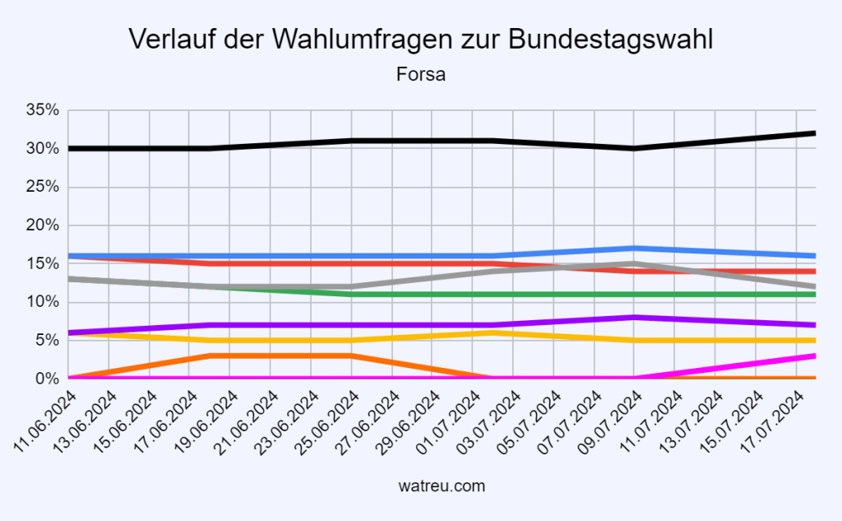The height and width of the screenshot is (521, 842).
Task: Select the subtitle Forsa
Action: (x=420, y=75)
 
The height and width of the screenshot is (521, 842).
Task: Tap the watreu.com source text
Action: (x=420, y=486)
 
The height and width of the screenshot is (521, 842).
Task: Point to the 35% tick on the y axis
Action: (x=42, y=110)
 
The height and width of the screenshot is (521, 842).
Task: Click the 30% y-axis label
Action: (x=42, y=149)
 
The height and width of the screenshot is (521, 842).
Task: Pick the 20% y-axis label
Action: (x=42, y=226)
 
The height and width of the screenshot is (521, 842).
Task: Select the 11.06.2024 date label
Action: (x=48, y=421)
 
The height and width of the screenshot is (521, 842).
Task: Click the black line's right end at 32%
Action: (x=812, y=133)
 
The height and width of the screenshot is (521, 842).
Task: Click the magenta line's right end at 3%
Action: (x=812, y=356)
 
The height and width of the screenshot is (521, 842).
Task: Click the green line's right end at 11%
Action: (x=812, y=294)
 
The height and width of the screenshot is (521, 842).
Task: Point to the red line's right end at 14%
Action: (x=812, y=271)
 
